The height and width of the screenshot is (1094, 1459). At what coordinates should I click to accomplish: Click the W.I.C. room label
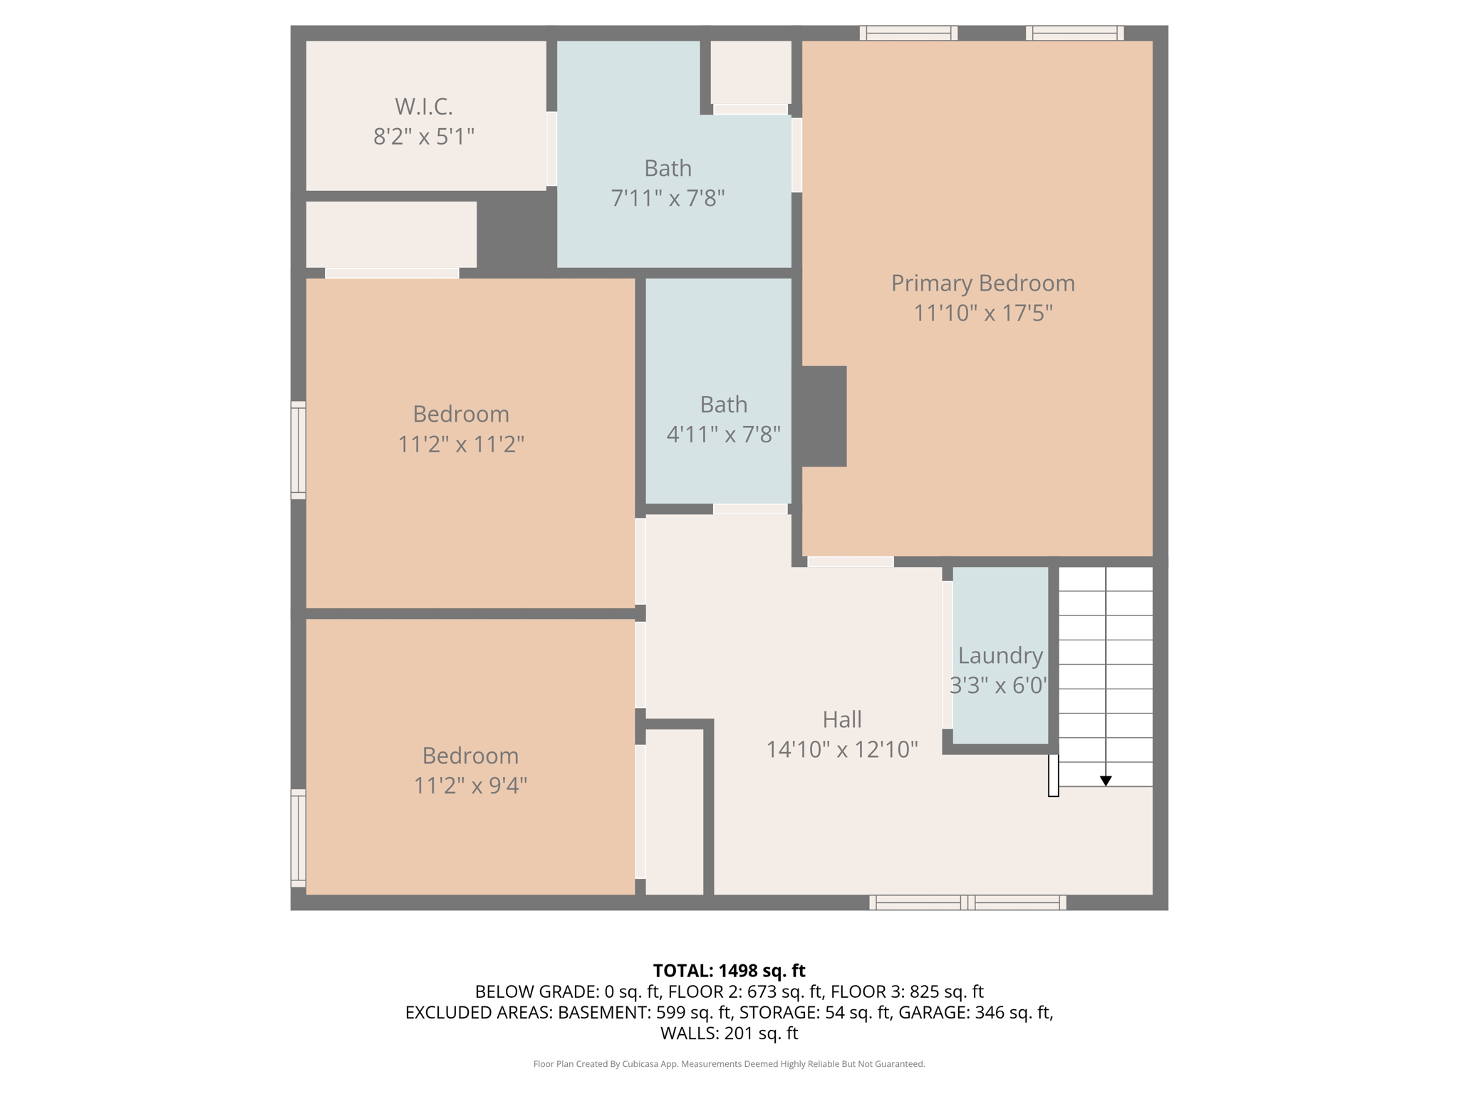point(424,107)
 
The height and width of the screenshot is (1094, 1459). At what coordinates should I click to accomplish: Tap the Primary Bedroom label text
point(983,283)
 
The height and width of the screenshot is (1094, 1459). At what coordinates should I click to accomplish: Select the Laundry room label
point(1000,655)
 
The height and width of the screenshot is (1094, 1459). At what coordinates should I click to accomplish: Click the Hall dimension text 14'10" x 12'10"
point(842,749)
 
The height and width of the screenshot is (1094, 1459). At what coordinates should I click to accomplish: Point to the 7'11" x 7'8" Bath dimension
point(668,197)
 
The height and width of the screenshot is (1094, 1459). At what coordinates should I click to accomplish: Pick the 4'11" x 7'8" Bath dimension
point(723,434)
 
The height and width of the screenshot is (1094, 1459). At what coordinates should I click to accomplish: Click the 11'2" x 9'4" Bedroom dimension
point(470,785)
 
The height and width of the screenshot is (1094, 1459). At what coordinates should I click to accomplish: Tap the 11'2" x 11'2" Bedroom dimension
point(461,444)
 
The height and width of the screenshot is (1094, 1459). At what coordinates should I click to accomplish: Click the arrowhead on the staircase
point(1106,781)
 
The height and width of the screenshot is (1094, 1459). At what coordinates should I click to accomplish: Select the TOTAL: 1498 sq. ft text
point(729,971)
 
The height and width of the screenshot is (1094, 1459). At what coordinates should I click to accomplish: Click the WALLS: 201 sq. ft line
point(729,1033)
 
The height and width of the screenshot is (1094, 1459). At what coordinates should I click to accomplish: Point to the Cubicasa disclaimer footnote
point(729,1064)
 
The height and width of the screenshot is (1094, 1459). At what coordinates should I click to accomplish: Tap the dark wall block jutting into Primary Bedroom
point(824,417)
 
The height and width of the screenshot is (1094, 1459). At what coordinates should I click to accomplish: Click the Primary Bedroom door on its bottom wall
point(851,562)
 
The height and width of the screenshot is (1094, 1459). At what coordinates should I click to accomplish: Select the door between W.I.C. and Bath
point(551,149)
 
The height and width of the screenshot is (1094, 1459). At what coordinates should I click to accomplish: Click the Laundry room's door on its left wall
point(947,655)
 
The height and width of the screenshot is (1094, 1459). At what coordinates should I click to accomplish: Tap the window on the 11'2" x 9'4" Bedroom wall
point(298,838)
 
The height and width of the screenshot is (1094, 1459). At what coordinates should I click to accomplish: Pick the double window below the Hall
point(967,902)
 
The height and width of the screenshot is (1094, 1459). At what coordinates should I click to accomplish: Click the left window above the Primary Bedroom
point(908,33)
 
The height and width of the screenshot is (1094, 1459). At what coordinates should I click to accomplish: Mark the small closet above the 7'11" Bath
point(751,72)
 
